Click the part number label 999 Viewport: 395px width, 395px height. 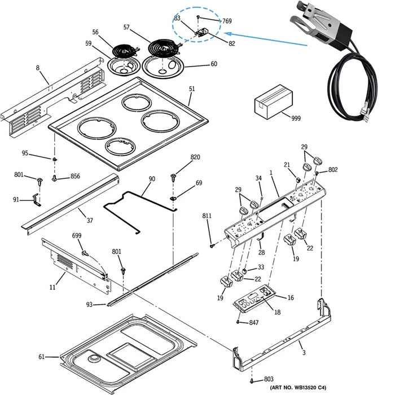pyautogui.click(x=296, y=118)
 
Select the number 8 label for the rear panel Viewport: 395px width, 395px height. pyautogui.click(x=38, y=68)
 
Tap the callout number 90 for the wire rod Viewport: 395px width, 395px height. pyautogui.click(x=152, y=179)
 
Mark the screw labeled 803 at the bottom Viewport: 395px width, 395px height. pyautogui.click(x=252, y=380)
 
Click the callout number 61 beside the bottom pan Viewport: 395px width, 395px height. pyautogui.click(x=41, y=357)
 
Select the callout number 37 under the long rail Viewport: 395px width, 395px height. pyautogui.click(x=90, y=220)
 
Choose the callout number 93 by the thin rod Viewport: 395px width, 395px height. pyautogui.click(x=89, y=305)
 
